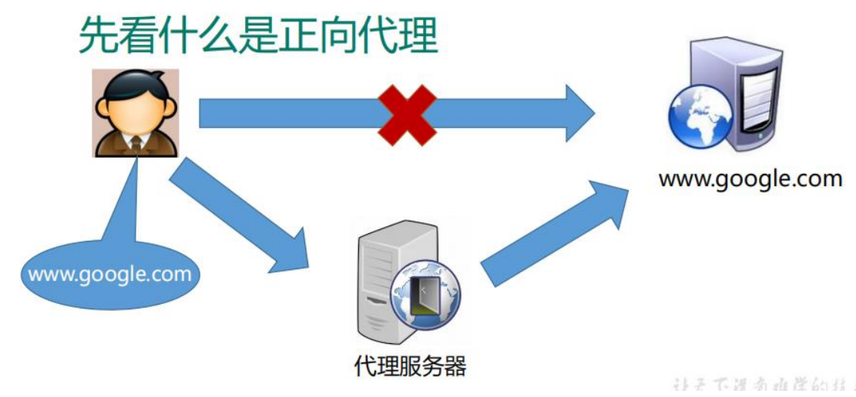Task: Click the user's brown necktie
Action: [x=136, y=143]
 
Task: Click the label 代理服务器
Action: [x=410, y=366]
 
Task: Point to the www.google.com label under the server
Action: [x=750, y=179]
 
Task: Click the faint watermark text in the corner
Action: [x=763, y=385]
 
